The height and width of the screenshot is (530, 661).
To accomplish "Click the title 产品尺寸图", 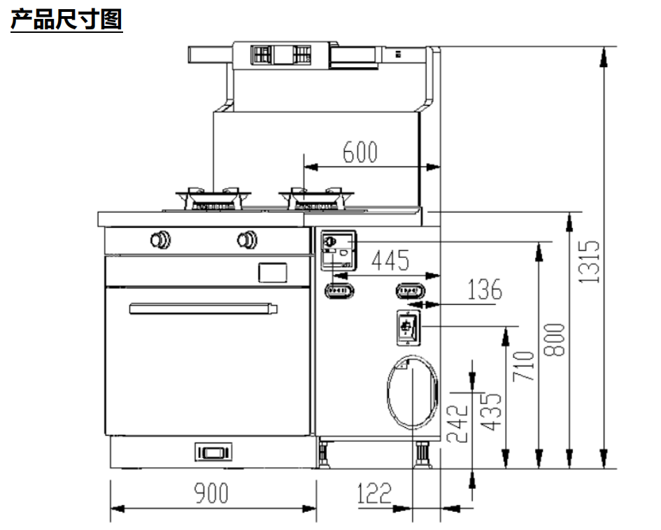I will [66, 20].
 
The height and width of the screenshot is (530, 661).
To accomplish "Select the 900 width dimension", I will [211, 493].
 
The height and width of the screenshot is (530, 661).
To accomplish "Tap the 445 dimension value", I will [390, 261].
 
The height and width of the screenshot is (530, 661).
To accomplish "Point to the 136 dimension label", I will [484, 289].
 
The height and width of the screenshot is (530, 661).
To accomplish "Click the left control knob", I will [160, 239].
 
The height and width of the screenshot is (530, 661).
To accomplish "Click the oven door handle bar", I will [203, 308].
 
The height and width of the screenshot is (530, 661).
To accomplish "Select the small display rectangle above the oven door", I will [272, 272].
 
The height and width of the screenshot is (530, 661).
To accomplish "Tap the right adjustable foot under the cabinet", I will [422, 454].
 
